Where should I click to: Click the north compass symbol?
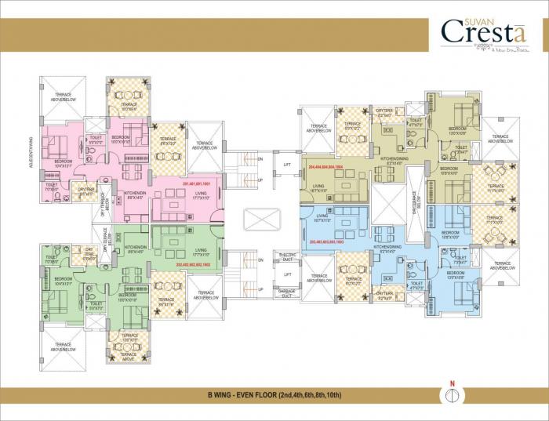pos(452,395)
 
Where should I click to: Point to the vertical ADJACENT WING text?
pos(31,153)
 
